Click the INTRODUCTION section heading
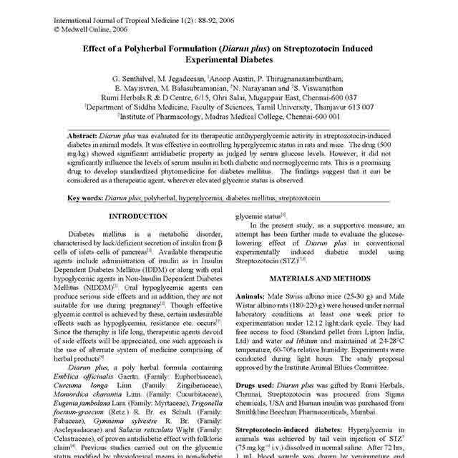pos(138,215)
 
